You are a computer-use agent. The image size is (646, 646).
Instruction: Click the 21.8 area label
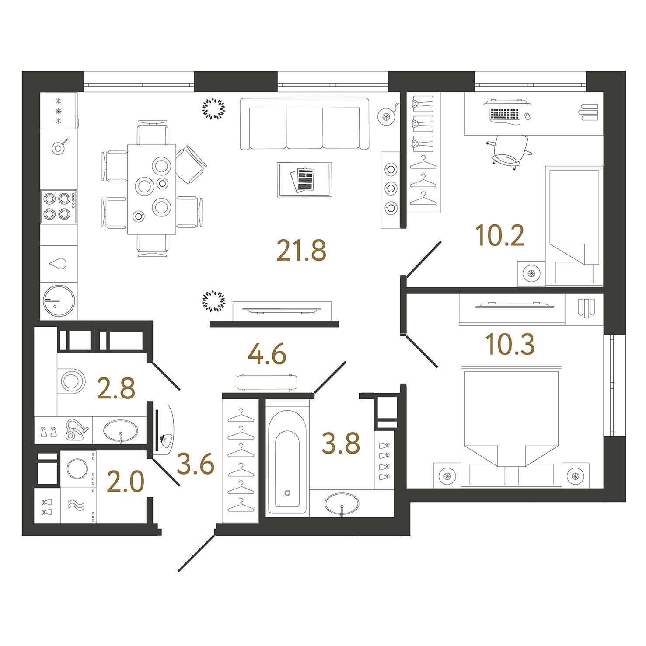[301, 251]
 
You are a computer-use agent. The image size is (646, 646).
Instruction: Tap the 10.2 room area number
[499, 235]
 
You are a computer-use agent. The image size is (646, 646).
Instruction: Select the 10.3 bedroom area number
[510, 344]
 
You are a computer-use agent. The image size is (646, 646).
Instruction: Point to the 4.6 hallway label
[267, 354]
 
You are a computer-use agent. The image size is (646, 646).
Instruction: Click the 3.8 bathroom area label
[341, 443]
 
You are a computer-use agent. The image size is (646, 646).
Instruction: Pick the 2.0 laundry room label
[126, 482]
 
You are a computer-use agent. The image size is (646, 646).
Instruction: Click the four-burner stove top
[59, 207]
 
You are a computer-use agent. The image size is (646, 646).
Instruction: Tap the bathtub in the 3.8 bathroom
[287, 462]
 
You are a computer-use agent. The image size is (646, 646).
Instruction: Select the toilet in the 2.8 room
[71, 381]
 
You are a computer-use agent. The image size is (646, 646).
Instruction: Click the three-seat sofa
[304, 124]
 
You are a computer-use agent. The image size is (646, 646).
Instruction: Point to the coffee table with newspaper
[304, 179]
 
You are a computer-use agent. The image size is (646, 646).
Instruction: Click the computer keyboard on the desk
[505, 114]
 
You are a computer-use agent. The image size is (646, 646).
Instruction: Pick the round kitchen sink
[59, 301]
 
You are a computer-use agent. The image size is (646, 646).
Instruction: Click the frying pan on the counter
[59, 147]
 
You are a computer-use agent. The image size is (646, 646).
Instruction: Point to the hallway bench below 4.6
[267, 382]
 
